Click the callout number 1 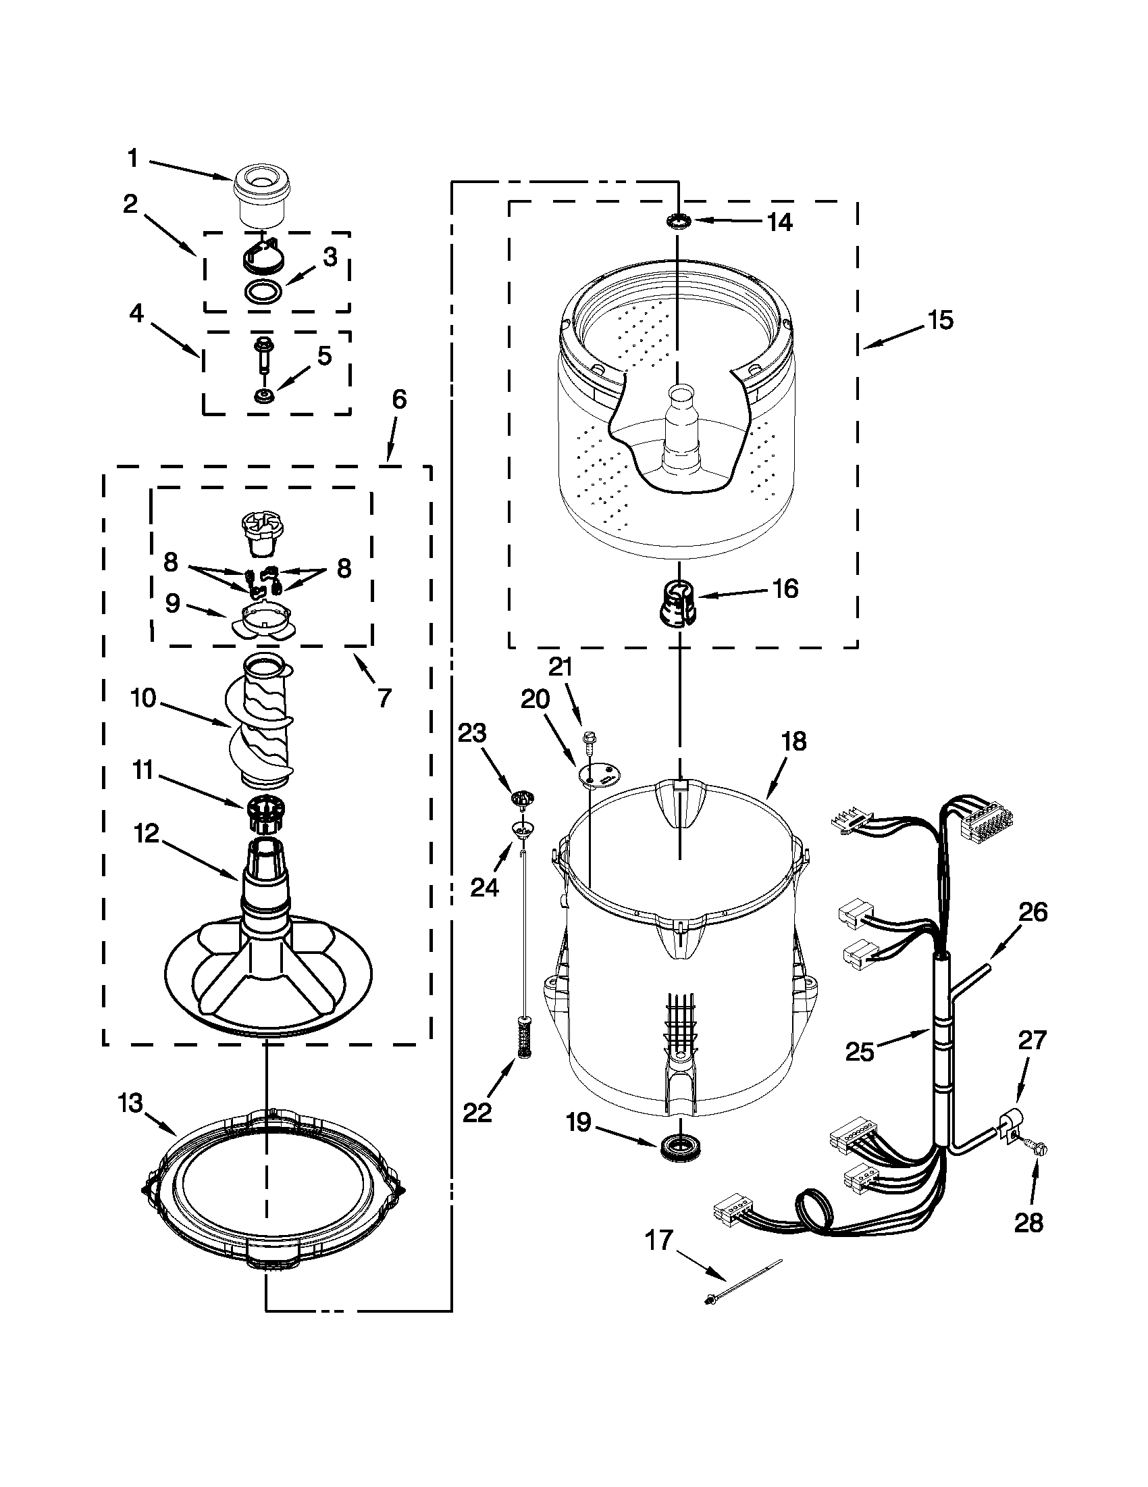134,159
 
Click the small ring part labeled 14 679,221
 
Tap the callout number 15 941,320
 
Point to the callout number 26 1033,911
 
